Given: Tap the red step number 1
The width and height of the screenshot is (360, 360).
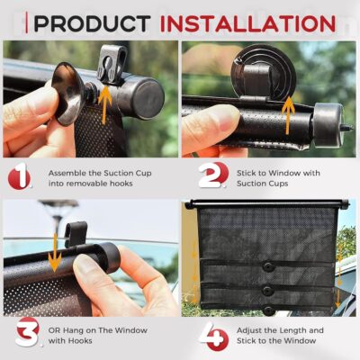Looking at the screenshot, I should [x=19, y=176].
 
